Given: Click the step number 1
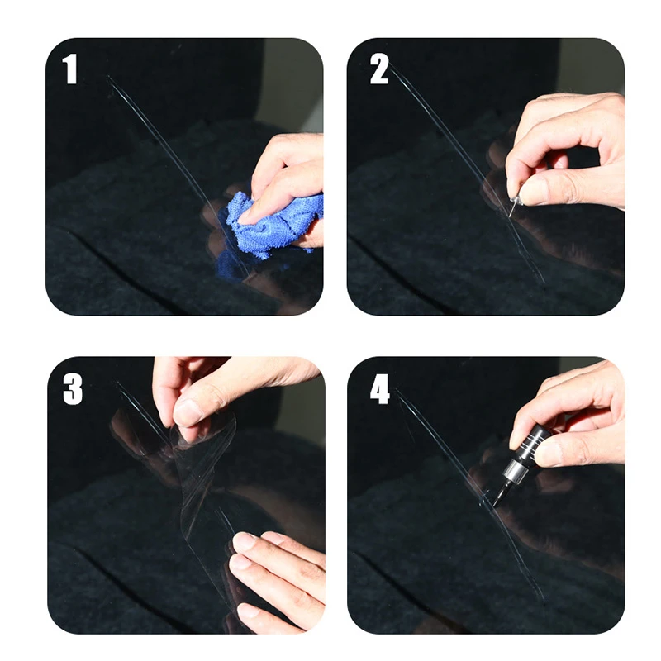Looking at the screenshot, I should [70, 69].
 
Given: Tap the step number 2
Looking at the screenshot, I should [378, 69].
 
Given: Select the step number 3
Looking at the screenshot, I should [73, 389].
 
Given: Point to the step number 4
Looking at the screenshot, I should [379, 389].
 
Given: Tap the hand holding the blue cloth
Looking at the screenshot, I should [289, 178].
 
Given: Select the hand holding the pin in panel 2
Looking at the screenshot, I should [570, 149].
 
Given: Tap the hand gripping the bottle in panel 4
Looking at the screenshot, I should [578, 413].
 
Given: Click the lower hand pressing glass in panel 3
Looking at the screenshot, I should [273, 570].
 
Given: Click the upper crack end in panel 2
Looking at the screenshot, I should [394, 66].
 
